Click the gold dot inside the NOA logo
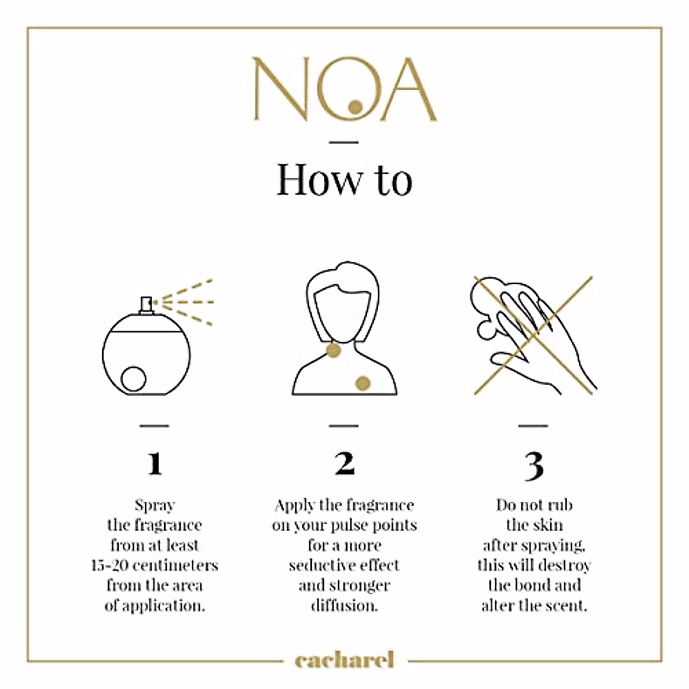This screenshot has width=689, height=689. click(x=356, y=106)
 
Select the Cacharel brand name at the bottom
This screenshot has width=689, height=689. click(x=344, y=660)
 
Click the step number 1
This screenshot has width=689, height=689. click(x=154, y=463)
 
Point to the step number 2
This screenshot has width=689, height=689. click(x=344, y=463)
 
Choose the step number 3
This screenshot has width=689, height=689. click(x=533, y=465)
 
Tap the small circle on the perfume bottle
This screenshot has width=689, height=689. click(x=134, y=379)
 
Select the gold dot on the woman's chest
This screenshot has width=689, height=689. click(x=363, y=383)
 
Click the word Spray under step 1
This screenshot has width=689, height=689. click(x=154, y=505)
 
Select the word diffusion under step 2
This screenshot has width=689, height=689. click(x=344, y=606)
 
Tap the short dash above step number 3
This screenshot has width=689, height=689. click(x=533, y=426)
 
